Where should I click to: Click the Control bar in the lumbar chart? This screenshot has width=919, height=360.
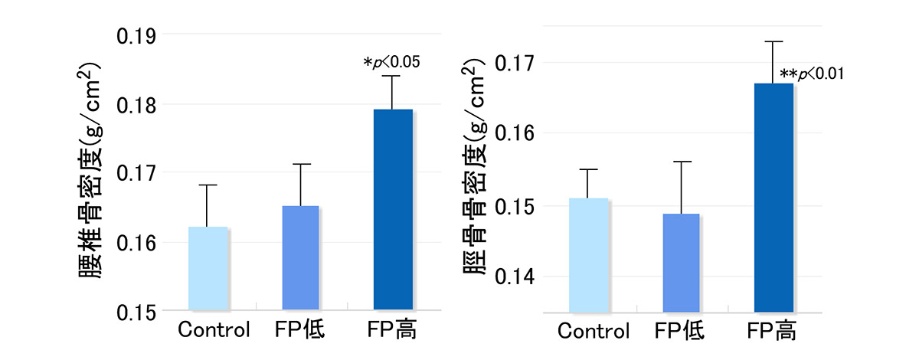click(208, 269)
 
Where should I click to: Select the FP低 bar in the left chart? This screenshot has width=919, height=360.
click(300, 258)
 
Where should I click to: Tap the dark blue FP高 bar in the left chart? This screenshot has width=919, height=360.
click(393, 210)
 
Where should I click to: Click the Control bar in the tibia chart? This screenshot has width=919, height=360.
click(589, 255)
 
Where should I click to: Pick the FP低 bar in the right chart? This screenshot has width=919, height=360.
click(681, 263)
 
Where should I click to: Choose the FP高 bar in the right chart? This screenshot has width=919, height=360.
click(773, 198)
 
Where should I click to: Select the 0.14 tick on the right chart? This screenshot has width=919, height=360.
click(518, 277)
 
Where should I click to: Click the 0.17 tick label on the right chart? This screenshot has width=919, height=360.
click(518, 62)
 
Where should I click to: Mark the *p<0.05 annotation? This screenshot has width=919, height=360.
click(391, 62)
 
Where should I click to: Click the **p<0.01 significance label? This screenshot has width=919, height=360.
click(811, 74)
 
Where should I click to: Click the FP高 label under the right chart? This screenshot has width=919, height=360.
click(772, 332)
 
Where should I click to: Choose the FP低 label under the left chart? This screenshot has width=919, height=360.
click(299, 331)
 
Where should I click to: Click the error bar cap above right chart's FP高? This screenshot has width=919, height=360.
click(773, 41)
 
